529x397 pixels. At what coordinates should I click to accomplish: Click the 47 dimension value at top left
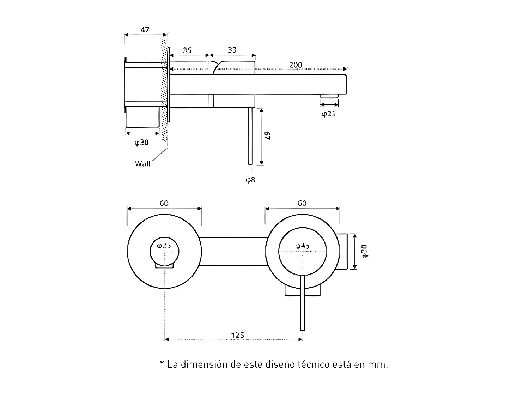pos(145,30)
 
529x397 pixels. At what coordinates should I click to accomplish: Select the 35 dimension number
pos(187,50)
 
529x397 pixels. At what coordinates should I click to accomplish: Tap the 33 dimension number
pos(232,50)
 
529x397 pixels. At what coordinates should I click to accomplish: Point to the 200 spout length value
pos(296,65)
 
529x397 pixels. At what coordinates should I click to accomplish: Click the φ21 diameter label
pos(328,114)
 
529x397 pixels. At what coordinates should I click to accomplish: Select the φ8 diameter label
pos(250,180)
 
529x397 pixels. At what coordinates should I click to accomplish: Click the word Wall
pos(142,163)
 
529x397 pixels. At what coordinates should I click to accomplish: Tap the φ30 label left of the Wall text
pos(142,142)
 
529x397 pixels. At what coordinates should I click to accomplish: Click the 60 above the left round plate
pos(164,203)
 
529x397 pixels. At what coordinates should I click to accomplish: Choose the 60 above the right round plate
pos(302,203)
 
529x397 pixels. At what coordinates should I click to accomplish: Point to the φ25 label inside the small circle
pos(164,245)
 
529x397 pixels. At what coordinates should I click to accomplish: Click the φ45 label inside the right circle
pos(303,246)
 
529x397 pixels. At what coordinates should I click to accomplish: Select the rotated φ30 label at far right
pos(364,251)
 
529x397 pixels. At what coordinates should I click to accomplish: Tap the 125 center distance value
pos(237,335)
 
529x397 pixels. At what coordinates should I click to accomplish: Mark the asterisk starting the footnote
pos(162,363)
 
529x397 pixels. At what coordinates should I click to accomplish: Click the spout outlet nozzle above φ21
pos(329,96)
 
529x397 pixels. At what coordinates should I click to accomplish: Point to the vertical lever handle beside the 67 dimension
pos(250,136)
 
